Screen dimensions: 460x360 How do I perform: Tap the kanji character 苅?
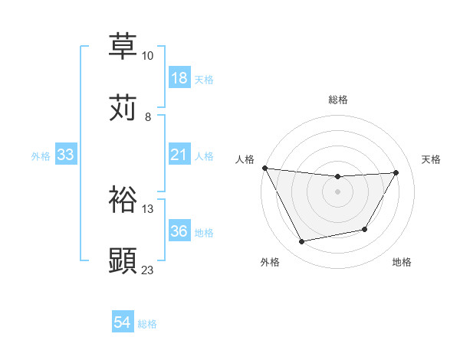[123, 108]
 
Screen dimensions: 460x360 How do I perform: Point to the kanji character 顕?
[123, 261]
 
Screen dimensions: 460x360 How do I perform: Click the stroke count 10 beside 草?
[147, 56]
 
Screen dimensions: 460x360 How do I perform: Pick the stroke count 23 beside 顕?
[147, 270]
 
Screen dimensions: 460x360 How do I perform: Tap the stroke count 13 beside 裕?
[147, 208]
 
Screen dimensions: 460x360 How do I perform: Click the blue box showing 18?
[179, 78]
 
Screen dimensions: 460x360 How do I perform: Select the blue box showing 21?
[179, 155]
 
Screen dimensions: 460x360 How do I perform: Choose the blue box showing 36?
[179, 231]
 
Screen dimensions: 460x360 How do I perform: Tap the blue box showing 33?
[66, 155]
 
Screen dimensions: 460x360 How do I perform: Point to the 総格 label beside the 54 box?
[147, 324]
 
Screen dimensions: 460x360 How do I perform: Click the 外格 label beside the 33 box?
[41, 155]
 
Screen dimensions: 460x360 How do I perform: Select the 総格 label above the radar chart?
[338, 100]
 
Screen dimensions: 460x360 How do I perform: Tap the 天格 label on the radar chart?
[432, 159]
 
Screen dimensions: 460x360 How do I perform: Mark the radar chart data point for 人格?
[265, 168]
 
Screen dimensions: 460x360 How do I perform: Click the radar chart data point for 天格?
[396, 172]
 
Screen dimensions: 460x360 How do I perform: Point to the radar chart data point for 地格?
[365, 229]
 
